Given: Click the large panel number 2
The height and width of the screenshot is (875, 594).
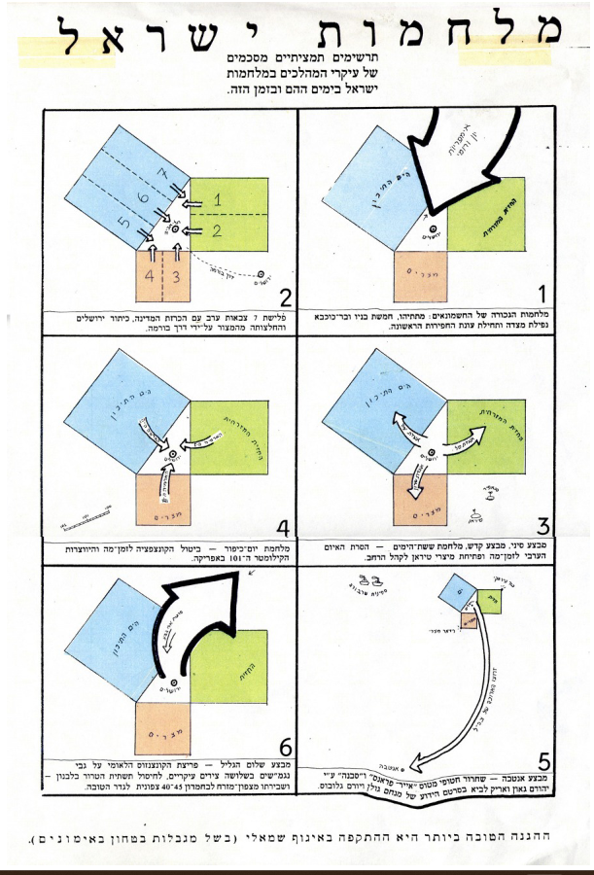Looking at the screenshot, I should (284, 297).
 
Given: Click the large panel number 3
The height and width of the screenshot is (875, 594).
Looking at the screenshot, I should (544, 526).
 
